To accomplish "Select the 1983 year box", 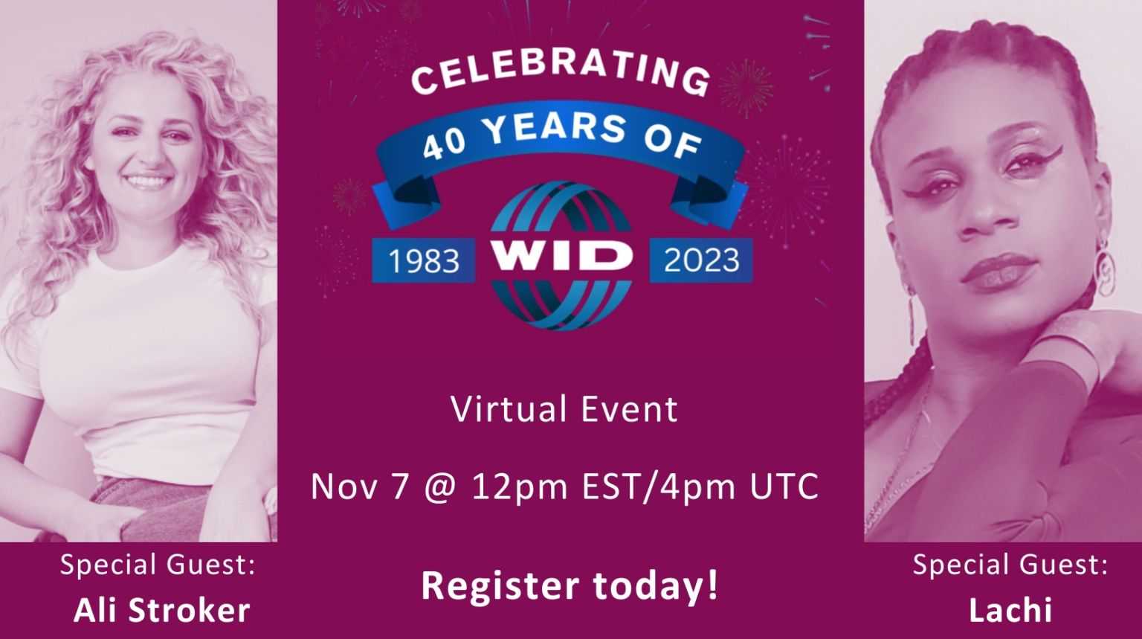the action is (x=424, y=260).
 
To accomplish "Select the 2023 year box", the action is (x=701, y=260).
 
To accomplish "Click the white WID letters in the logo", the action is (x=561, y=254).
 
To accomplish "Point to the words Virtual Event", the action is (x=564, y=409).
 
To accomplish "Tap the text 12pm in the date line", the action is (x=520, y=487).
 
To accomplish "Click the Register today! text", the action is (x=570, y=586).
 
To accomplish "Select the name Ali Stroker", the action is (x=162, y=610).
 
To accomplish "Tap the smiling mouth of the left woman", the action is (x=147, y=180).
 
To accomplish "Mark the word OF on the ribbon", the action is (x=673, y=143).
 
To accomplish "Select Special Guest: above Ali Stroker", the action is (x=158, y=565).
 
